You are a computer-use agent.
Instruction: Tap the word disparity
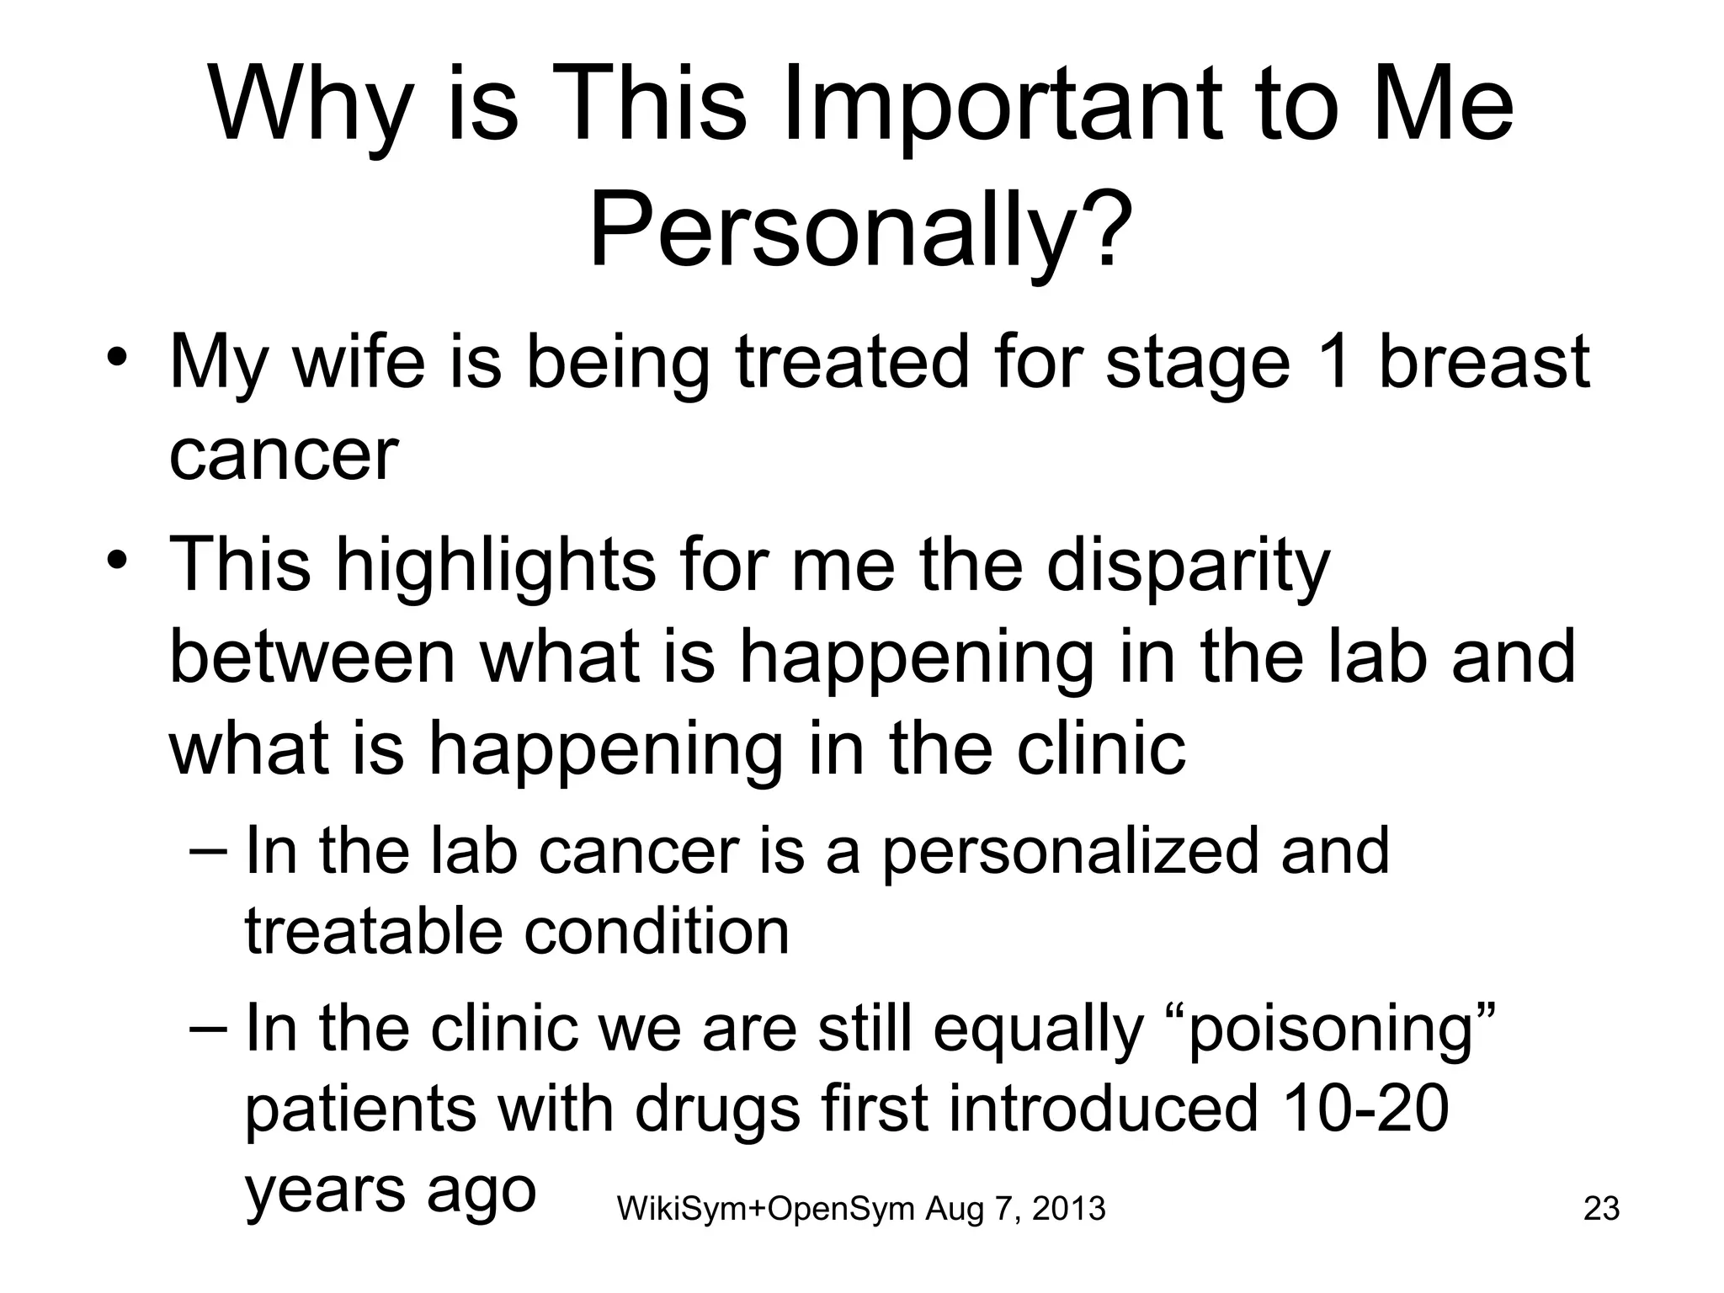tap(1187, 566)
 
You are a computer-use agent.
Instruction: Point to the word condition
tap(657, 933)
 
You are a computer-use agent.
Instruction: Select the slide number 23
tap(1601, 1209)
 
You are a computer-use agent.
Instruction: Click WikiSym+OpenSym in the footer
tap(765, 1210)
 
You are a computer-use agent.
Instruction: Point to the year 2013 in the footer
tap(1068, 1210)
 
